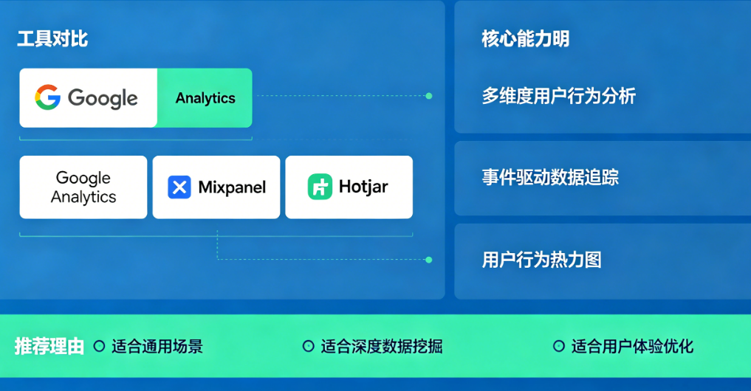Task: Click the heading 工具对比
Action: point(52,39)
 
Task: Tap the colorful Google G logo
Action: point(48,97)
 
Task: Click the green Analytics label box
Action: point(205,98)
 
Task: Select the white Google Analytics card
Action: point(83,187)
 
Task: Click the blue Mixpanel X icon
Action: point(179,187)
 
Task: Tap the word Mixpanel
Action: point(232,187)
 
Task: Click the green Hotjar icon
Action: point(320,187)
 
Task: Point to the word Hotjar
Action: point(363,187)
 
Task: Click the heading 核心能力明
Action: point(525,39)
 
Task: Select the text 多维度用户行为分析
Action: point(558,96)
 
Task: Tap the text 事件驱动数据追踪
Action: point(550,178)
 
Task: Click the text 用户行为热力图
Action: point(541,260)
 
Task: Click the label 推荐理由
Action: point(49,346)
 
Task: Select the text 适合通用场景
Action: point(157,346)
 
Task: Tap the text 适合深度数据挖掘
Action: point(381,346)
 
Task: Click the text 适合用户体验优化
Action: point(632,346)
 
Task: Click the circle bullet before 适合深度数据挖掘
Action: point(309,346)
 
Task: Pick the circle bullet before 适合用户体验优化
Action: point(558,346)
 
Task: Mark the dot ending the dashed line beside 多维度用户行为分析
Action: point(429,96)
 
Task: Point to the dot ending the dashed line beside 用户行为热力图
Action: point(429,260)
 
